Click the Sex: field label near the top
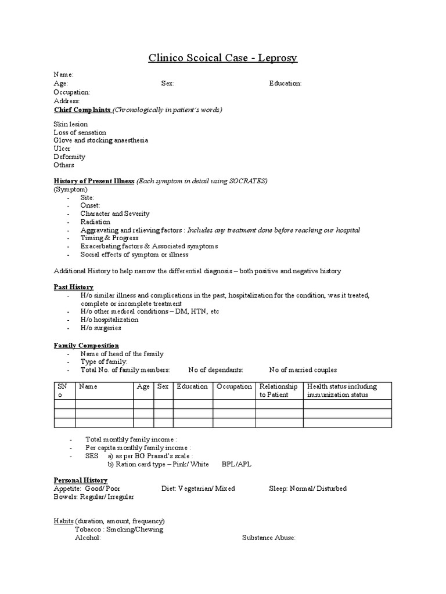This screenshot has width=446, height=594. point(168,84)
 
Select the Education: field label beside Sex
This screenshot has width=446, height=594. point(285,84)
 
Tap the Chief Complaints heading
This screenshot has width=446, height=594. point(82,109)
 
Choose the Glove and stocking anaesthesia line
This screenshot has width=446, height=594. point(100,140)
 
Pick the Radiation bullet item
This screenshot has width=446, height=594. point(95,222)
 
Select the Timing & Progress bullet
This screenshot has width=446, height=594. point(109,238)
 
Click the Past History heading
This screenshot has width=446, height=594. point(74,287)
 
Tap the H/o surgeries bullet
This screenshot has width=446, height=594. point(101,328)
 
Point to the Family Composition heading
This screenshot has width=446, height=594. point(87,346)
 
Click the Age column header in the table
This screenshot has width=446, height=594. point(143,386)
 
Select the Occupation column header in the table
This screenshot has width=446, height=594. point(235,386)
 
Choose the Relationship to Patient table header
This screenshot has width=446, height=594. point(279,390)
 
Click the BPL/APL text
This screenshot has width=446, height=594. point(236,465)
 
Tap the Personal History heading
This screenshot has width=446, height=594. point(81,480)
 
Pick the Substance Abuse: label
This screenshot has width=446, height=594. point(269,538)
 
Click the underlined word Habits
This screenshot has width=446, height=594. point(64,521)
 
